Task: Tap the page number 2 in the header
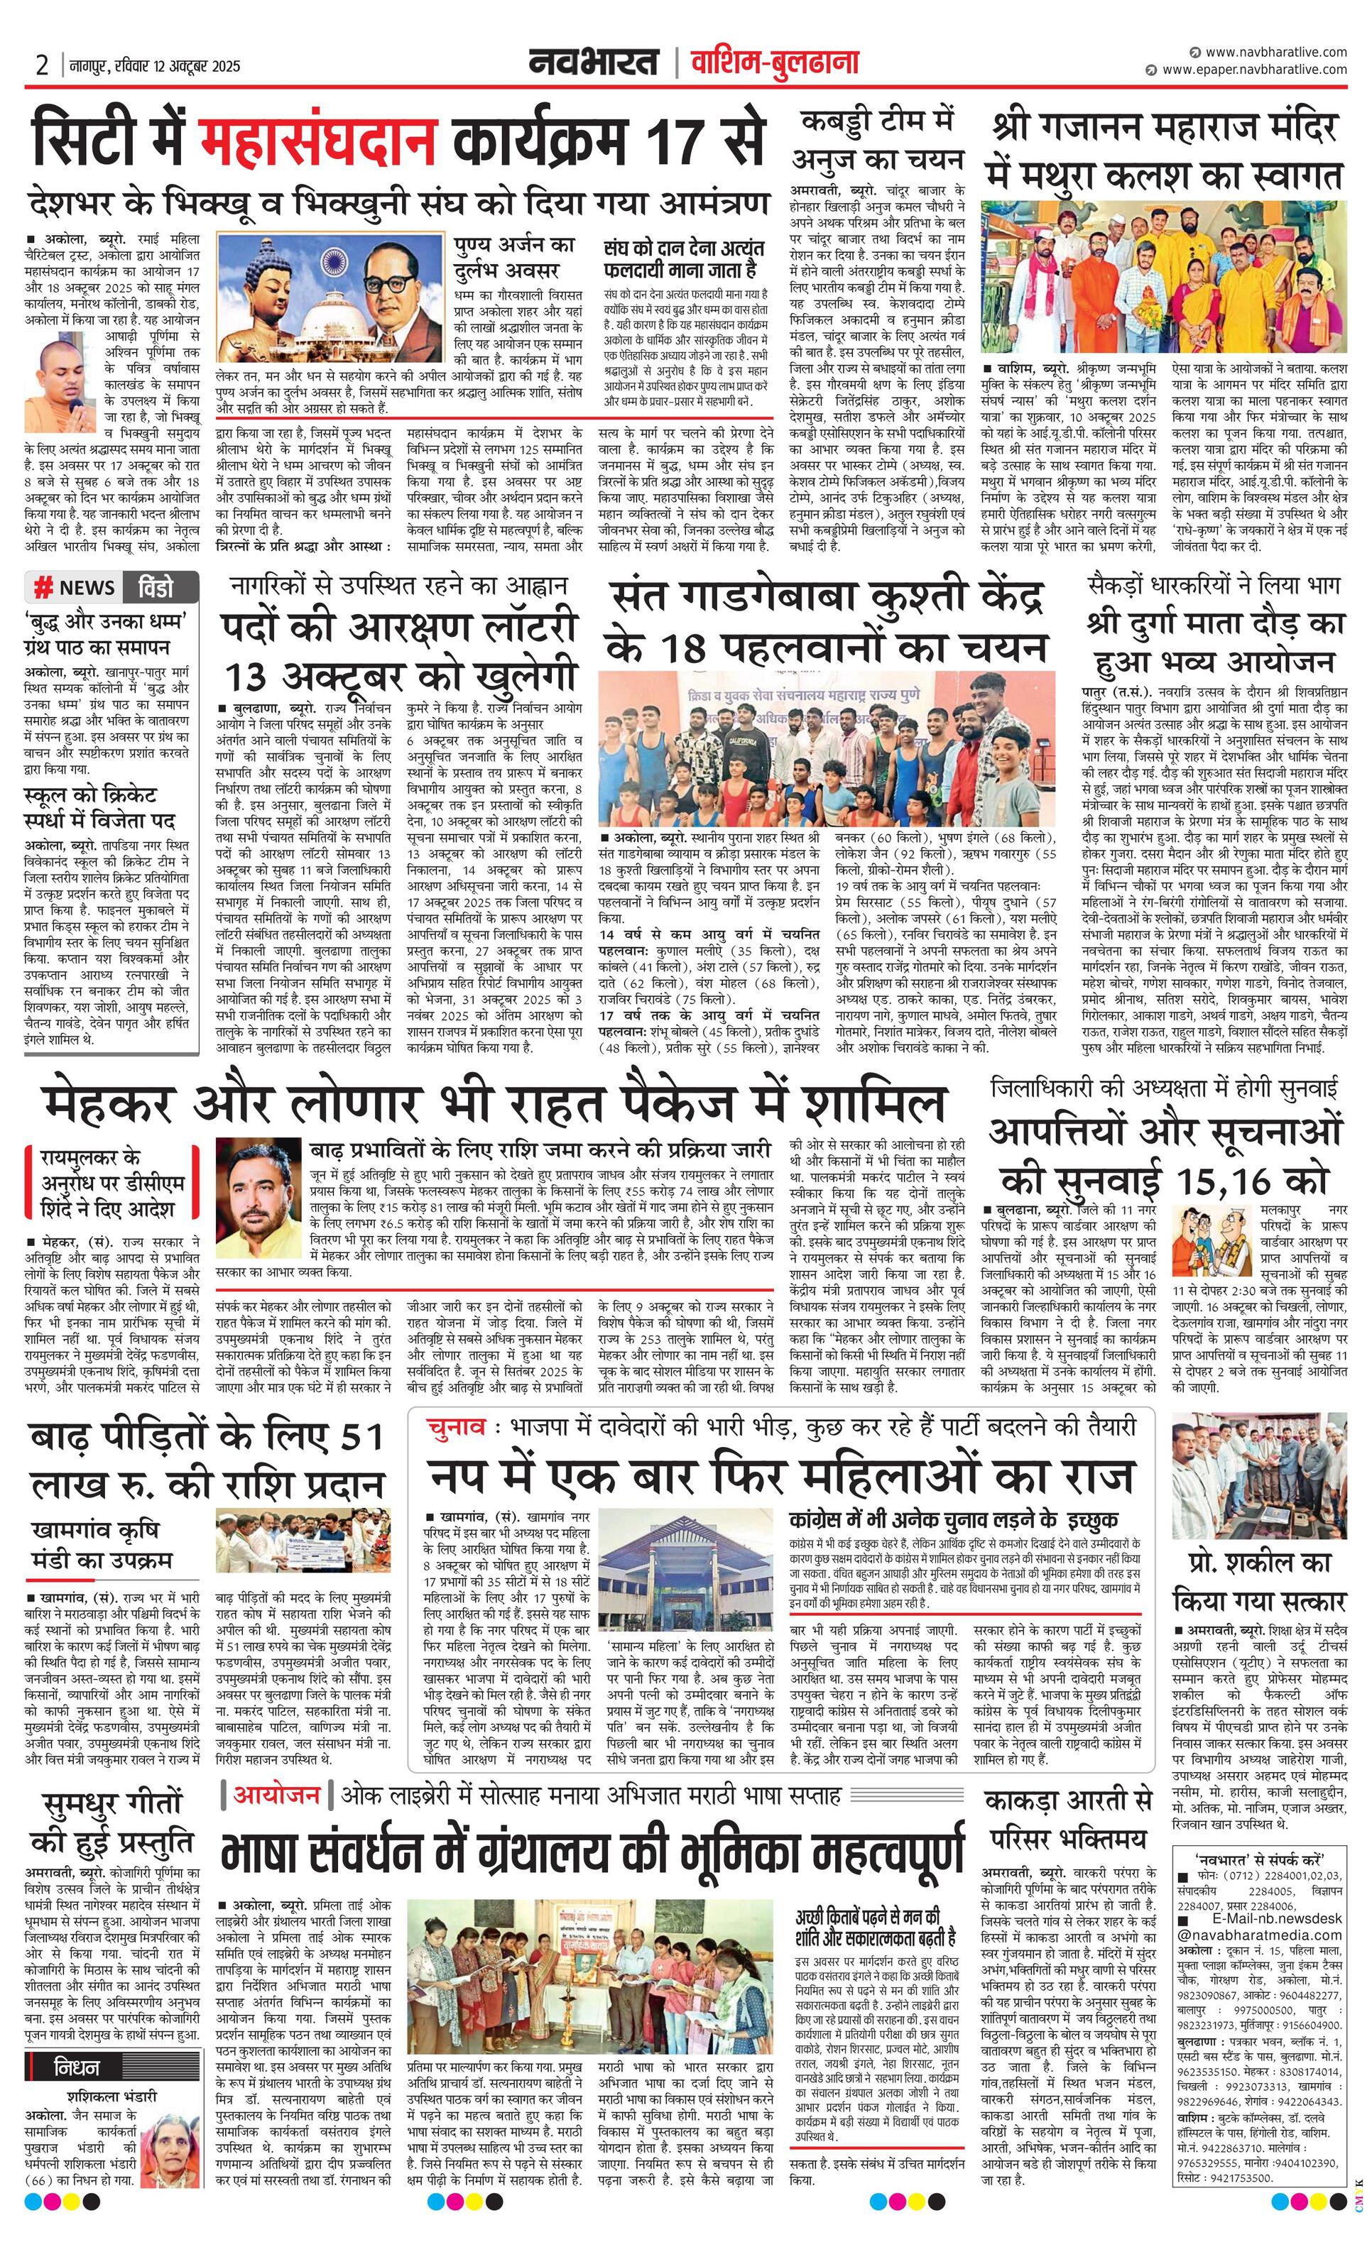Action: pos(42,66)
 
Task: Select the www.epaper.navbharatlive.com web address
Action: pos(1254,70)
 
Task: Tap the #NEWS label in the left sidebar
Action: pos(75,586)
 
